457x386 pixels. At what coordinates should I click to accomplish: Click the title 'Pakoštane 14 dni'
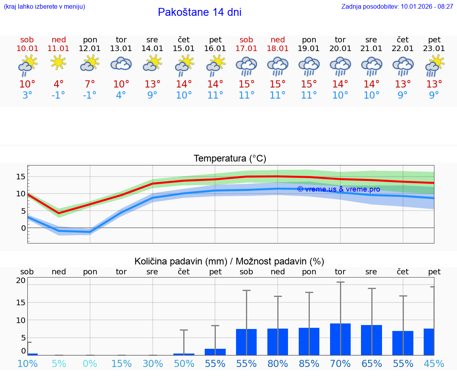200,12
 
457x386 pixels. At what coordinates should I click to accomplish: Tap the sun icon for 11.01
58,62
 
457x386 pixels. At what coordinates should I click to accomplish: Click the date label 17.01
246,49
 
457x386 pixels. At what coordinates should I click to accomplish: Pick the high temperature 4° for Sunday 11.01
58,84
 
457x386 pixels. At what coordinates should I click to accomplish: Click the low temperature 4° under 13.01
121,95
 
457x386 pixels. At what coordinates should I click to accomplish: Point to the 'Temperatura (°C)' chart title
230,159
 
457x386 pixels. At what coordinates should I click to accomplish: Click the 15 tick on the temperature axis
21,177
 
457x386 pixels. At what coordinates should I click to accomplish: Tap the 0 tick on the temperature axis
23,228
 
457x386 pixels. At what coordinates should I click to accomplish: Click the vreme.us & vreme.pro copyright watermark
338,189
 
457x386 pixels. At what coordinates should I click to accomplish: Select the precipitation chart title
229,261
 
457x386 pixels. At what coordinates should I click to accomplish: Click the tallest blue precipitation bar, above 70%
340,339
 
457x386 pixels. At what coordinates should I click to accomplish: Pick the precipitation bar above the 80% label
278,342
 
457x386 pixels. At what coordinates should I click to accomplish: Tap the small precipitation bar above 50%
184,354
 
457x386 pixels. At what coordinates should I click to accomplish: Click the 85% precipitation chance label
309,363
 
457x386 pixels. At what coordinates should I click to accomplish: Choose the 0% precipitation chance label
90,363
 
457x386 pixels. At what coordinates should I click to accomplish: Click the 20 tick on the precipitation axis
21,281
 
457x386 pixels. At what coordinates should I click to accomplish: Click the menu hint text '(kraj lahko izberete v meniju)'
44,7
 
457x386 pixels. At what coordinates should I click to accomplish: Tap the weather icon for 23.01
434,66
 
